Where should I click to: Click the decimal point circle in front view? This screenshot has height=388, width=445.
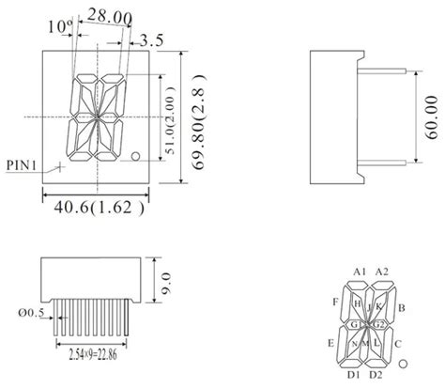tap(137, 155)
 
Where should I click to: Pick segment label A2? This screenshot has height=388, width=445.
tap(381, 272)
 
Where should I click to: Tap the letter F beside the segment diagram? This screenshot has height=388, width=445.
tap(335, 302)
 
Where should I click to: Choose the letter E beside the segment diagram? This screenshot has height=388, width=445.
tap(331, 344)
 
